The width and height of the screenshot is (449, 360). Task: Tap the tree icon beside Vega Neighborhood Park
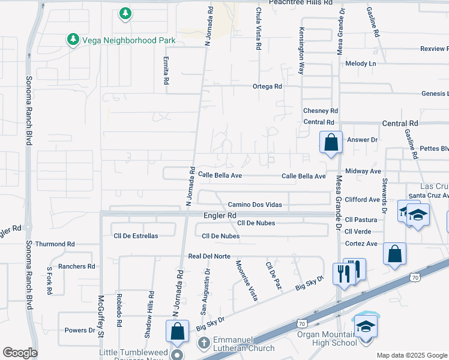click(x=73, y=40)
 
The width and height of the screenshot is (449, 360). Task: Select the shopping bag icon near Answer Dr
click(x=331, y=143)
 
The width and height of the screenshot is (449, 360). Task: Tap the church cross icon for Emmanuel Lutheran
click(x=203, y=344)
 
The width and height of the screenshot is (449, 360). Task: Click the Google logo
click(x=20, y=353)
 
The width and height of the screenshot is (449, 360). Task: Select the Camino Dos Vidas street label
click(x=255, y=205)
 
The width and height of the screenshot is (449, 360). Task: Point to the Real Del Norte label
click(x=209, y=256)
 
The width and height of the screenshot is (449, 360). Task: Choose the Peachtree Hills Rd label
click(x=292, y=3)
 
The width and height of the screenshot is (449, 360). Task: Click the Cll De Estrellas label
click(x=136, y=236)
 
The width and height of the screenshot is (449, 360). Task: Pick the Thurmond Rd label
click(x=55, y=244)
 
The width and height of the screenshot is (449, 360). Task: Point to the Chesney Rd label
click(x=321, y=111)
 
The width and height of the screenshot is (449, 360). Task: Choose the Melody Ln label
click(x=360, y=64)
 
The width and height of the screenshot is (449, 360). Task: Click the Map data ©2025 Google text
click(x=411, y=355)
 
